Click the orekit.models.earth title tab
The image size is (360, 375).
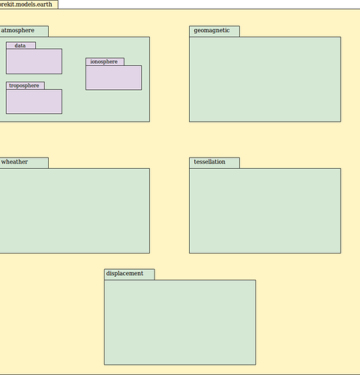point(29,4)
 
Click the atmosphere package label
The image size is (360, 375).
point(17,31)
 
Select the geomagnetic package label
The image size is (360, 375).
point(211,31)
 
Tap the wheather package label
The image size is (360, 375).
point(14,162)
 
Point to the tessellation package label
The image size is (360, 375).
point(209,162)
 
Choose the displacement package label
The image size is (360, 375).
point(124,274)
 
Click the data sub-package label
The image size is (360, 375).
point(20,46)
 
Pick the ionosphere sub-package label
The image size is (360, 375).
point(103,61)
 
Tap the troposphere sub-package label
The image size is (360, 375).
point(24,85)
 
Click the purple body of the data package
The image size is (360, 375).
point(34,61)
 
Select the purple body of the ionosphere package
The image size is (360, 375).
point(114,78)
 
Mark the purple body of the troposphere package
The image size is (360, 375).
point(34,102)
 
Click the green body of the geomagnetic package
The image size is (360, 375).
point(265,79)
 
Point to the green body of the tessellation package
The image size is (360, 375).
point(265,211)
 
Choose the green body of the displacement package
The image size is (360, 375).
point(180,322)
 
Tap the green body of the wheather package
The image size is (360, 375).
point(74,211)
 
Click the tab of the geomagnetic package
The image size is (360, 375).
point(214,31)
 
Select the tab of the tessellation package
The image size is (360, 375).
point(214,163)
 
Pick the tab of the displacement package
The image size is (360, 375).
point(130,274)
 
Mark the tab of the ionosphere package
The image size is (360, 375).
point(105,61)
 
